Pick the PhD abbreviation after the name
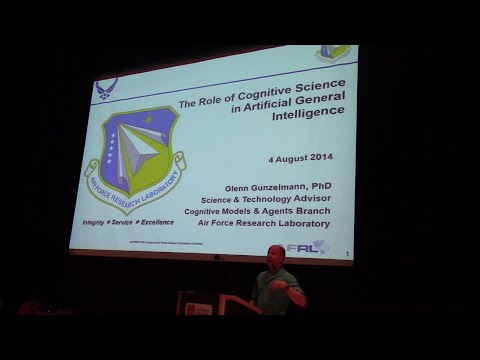[319, 186]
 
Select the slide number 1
[345, 255]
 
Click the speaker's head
[275, 256]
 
